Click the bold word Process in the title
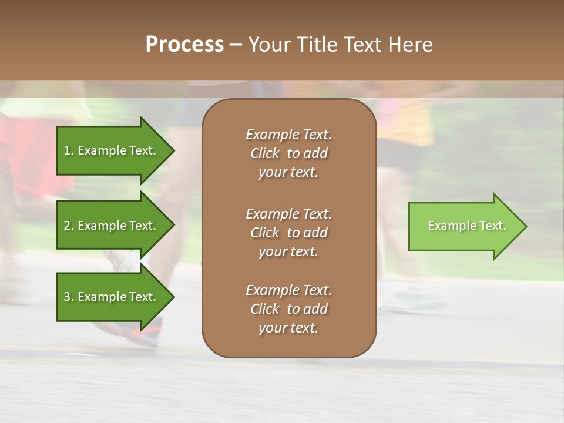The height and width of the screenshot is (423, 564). point(184,45)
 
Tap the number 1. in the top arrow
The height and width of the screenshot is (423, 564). point(69,150)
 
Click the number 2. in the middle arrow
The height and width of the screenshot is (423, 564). point(69,226)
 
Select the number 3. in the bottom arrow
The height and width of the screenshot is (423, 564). point(69,297)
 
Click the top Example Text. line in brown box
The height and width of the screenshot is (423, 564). point(288,135)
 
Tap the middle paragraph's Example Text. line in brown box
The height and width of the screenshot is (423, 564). point(288,213)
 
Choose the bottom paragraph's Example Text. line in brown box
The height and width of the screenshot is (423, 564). point(288,290)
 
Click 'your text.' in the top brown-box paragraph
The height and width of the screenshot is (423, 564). point(288,173)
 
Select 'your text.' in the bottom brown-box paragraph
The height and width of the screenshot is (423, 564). point(288,328)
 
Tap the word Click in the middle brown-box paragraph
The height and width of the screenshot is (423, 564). point(264,233)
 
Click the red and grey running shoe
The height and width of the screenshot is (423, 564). point(141,333)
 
